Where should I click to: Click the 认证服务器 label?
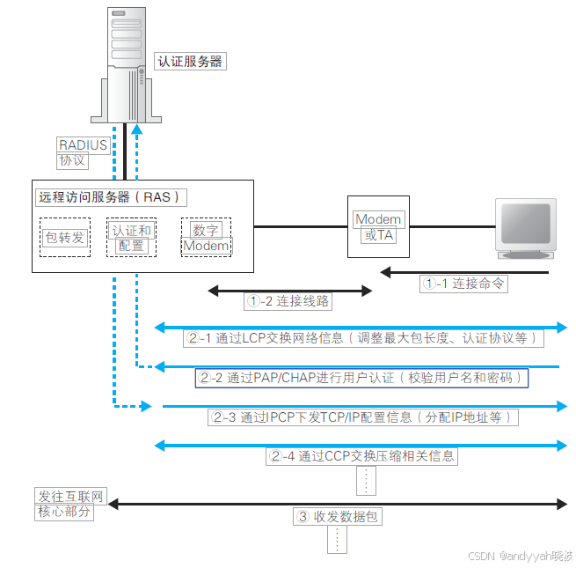[x=190, y=62]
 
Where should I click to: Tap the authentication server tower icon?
[x=124, y=62]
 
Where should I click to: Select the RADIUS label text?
[x=83, y=145]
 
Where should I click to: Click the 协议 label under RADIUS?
[x=72, y=160]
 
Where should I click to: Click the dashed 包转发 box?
[x=65, y=237]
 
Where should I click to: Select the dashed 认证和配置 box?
[x=131, y=238]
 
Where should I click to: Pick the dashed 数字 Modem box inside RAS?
[x=206, y=238]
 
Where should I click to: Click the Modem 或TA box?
[x=378, y=227]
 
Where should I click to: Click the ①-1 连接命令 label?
[x=463, y=284]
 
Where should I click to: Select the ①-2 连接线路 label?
[x=288, y=300]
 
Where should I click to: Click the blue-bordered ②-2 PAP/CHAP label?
[x=361, y=378]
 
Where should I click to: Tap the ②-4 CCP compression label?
[x=362, y=456]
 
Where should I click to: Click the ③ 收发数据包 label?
[x=338, y=516]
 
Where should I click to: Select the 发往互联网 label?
[x=69, y=498]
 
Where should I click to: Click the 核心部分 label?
[x=64, y=512]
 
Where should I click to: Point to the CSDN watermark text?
[x=520, y=557]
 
